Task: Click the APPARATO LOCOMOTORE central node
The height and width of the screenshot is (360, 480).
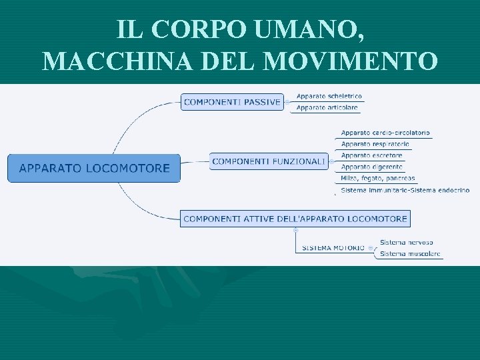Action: pos(94,168)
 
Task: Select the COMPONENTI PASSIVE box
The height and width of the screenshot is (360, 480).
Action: pos(232,102)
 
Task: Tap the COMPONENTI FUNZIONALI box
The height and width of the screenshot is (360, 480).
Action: pos(269,161)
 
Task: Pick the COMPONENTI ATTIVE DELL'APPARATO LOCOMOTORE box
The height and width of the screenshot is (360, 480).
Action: pos(295,219)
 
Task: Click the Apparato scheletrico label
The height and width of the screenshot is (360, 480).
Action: pos(329,96)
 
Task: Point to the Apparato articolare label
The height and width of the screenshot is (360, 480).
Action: pos(327,107)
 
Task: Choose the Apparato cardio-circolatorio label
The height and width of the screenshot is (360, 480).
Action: pos(385,133)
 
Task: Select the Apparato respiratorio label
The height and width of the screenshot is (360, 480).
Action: pos(375,144)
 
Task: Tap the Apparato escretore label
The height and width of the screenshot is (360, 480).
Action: pos(372,155)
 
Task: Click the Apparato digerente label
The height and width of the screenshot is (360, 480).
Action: pos(372,167)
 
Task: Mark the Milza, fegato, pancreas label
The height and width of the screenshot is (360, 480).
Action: pos(378,178)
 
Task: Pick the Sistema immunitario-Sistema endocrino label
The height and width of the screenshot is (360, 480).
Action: pos(405,190)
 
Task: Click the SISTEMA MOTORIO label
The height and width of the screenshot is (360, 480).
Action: pos(333,248)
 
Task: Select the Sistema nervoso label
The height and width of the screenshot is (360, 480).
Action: pos(406,242)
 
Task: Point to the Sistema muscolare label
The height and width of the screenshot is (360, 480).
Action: pos(410,254)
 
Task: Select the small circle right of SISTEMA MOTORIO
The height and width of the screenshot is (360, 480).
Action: pos(371,248)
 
